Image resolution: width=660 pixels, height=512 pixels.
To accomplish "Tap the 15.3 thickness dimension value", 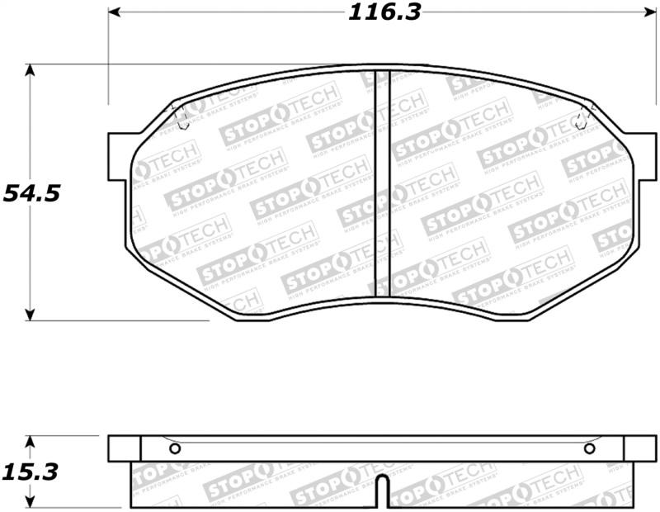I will click(31, 472).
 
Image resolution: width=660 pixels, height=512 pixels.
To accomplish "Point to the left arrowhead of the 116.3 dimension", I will click(114, 12).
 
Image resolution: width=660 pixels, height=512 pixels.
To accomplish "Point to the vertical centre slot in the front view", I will click(382, 182).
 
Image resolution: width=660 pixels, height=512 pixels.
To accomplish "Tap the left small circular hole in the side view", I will click(174, 448).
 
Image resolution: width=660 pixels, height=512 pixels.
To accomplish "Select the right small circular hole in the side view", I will click(589, 448).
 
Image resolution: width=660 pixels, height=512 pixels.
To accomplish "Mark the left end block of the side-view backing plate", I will click(125, 448).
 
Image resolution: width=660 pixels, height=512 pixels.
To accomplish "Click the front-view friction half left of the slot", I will click(256, 198).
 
